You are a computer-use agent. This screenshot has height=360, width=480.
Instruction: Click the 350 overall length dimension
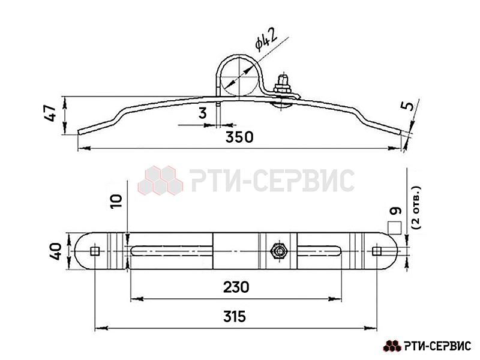(x=239, y=137)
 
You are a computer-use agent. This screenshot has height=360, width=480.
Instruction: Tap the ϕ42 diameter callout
(x=266, y=39)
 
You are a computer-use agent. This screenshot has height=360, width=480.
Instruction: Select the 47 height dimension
(x=50, y=113)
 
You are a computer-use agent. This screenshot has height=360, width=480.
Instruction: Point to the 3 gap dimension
(x=203, y=113)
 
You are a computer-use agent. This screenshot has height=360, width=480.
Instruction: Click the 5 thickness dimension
(x=407, y=106)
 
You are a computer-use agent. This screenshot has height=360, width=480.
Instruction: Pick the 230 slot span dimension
(x=236, y=287)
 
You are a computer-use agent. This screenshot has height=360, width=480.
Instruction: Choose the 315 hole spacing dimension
(x=235, y=317)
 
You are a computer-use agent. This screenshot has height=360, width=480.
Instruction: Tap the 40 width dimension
(x=56, y=251)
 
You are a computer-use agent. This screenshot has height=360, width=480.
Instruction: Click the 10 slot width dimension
(x=116, y=202)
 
